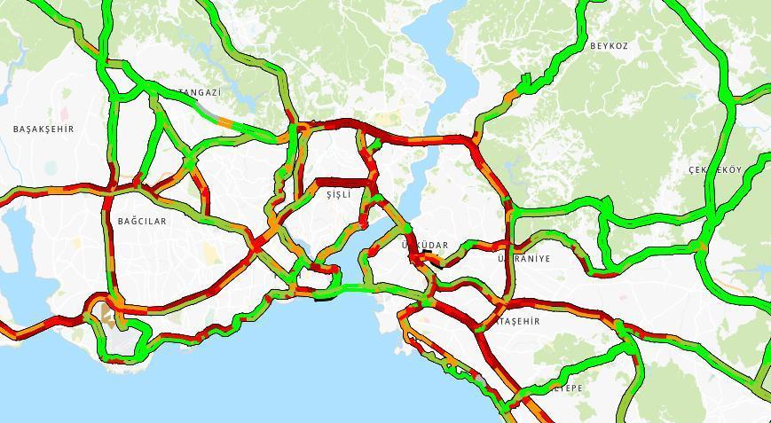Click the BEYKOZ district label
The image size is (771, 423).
click(x=609, y=45)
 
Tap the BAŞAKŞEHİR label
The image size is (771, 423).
click(x=43, y=129)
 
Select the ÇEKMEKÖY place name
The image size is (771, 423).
click(x=714, y=169)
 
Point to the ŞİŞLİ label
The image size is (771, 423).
click(x=338, y=194)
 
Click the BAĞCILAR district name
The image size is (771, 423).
click(x=142, y=221)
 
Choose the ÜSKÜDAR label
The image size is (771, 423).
click(x=426, y=245)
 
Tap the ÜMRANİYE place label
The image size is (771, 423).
click(x=525, y=259)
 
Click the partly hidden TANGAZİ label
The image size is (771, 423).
click(x=201, y=92)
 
